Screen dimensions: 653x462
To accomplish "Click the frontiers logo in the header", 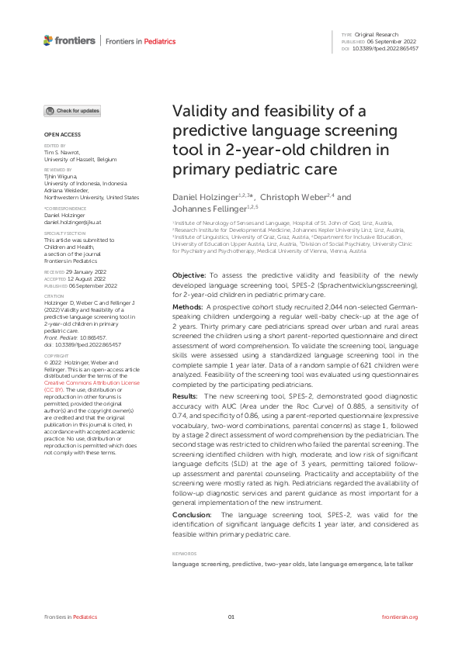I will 70,40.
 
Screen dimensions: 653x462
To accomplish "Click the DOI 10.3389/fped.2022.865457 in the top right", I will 386,48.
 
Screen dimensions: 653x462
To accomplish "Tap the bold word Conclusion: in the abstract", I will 191,514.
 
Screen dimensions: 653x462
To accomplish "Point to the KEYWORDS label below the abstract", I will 184,554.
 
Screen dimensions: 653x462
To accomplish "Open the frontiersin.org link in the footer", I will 401,617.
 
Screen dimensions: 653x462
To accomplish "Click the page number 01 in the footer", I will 231,617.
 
